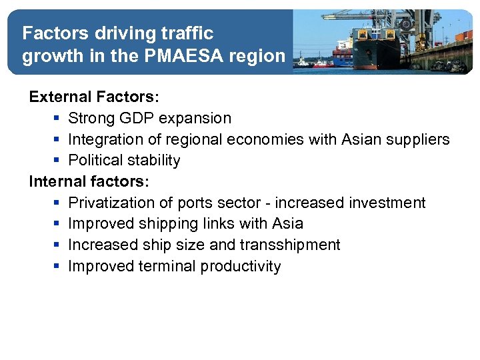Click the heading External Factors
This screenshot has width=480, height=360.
[x=94, y=97]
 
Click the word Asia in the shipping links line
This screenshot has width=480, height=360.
[x=287, y=224]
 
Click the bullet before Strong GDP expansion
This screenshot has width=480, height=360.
[x=58, y=119]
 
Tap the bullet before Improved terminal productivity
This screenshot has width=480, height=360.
[x=58, y=267]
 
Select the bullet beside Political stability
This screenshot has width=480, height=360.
[x=58, y=161]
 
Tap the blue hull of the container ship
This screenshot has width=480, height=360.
[x=343, y=60]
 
